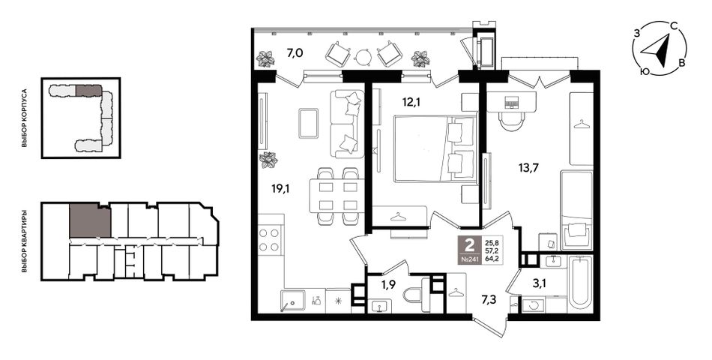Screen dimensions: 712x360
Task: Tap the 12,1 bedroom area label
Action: [x=411, y=103]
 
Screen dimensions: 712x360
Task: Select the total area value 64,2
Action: [x=492, y=260]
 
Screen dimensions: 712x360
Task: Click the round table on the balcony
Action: [x=363, y=56]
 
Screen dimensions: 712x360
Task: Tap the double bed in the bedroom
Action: [x=435, y=148]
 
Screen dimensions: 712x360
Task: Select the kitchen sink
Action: [x=292, y=301]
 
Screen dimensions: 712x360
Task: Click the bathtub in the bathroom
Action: [x=581, y=284]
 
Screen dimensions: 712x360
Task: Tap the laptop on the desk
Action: [x=511, y=103]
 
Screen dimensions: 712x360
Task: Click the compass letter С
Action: [x=675, y=27]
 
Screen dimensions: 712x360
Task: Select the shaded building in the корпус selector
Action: [x=88, y=91]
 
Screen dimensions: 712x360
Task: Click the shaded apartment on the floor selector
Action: [x=90, y=220]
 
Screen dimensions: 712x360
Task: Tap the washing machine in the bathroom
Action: [x=534, y=304]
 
